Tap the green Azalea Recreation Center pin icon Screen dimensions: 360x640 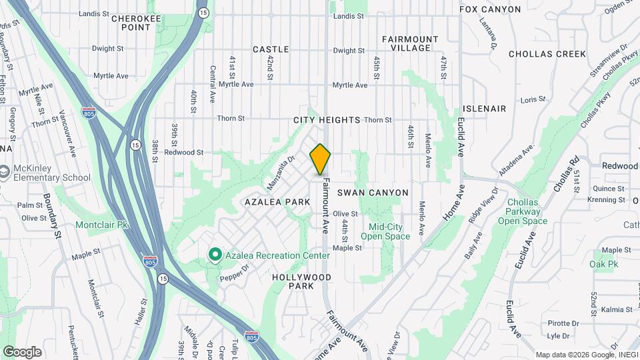(215, 255)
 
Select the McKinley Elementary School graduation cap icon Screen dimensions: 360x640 (5, 172)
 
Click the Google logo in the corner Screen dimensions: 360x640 (22, 352)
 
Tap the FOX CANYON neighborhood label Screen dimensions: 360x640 (490, 9)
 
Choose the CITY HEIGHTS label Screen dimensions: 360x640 (327, 121)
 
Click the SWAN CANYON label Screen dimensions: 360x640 (373, 193)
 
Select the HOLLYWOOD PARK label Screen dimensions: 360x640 (301, 281)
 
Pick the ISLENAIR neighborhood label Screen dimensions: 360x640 (485, 109)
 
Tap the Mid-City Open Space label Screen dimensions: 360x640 (385, 231)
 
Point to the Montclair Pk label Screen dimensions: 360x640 (101, 225)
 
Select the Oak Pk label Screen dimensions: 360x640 (603, 265)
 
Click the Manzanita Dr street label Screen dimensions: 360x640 (281, 172)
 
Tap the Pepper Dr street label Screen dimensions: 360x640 (235, 271)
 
